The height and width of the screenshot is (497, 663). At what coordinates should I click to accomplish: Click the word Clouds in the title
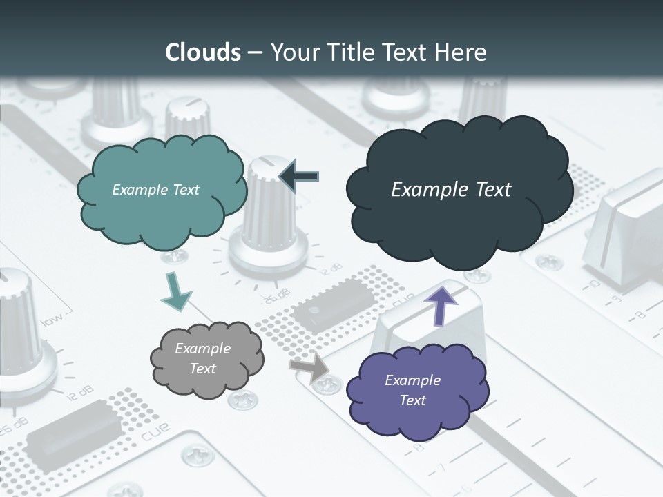pyautogui.click(x=202, y=52)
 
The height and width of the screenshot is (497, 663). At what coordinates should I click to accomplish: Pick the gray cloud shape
pyautogui.click(x=205, y=358)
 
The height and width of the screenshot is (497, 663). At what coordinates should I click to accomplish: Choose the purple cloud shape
pyautogui.click(x=415, y=391)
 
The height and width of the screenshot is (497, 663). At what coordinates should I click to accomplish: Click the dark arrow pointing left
pyautogui.click(x=300, y=177)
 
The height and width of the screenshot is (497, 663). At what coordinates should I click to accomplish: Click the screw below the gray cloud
pyautogui.click(x=243, y=398)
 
